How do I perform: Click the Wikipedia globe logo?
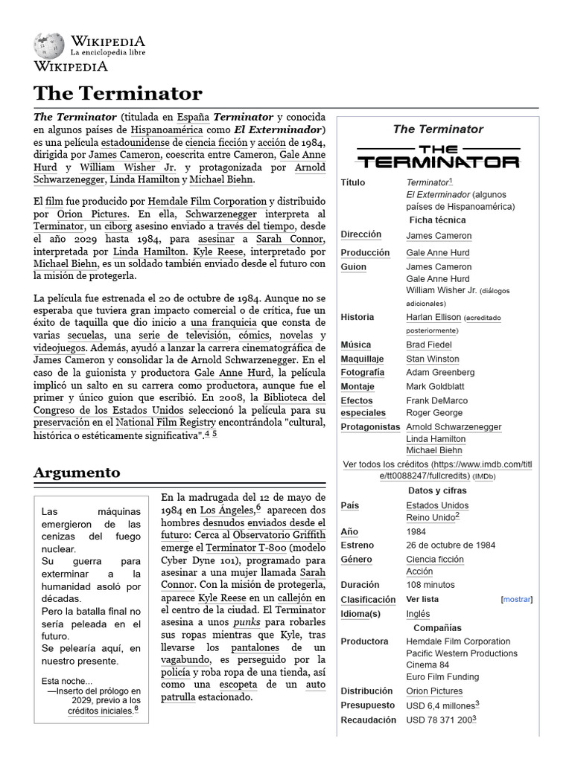tap(48, 46)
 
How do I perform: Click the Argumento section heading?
tap(77, 473)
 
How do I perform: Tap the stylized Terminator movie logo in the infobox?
tap(437, 156)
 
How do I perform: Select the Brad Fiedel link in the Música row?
tap(428, 345)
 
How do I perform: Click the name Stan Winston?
tap(433, 359)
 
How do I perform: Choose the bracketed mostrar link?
tap(517, 599)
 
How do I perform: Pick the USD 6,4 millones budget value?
tap(440, 705)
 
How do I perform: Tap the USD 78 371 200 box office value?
tap(440, 720)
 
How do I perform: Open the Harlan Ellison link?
tap(433, 317)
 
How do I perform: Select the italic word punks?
tap(247, 621)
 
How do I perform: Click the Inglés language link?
tap(418, 614)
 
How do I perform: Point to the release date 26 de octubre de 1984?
tap(451, 545)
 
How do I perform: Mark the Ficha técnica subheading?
tap(437, 220)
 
